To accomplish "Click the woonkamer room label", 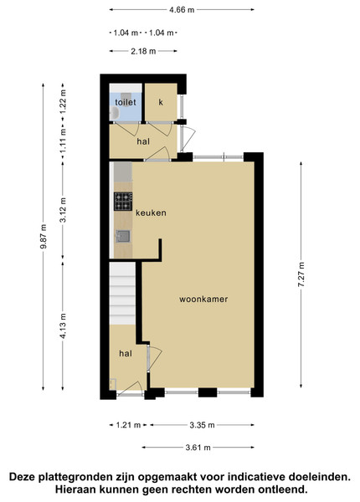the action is coord(203,300).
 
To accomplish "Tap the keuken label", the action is coord(151,213).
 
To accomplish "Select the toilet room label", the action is coord(126,102).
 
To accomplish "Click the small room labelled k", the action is coord(161,102).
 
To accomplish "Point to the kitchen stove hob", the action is coord(123,202).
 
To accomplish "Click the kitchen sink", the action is coord(123,236).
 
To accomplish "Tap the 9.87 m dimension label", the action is coord(44,236).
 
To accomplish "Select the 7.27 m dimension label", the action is coord(301,274).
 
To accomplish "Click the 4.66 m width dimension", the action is coord(182,9).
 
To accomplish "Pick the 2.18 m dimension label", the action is coord(143,51).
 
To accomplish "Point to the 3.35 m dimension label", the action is coord(202,425).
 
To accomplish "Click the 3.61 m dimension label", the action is coord(198,448).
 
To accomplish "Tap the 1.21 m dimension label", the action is coord(128,425).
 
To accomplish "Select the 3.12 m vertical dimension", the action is coord(63,210).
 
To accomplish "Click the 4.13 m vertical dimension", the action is coord(63,325).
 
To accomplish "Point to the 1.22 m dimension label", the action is coord(63,101).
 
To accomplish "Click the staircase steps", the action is coord(122,294).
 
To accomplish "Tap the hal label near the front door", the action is coord(126,353).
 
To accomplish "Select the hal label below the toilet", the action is coord(143,141).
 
